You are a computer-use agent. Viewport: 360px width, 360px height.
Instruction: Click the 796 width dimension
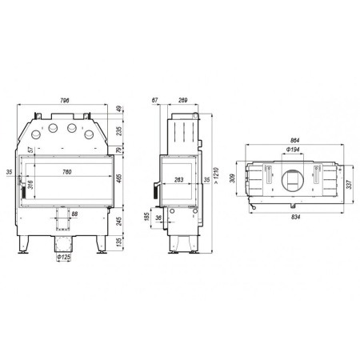(x=64, y=100)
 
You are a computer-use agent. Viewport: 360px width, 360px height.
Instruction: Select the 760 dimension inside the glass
(x=67, y=172)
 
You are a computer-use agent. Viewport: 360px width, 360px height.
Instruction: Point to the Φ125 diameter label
(x=63, y=257)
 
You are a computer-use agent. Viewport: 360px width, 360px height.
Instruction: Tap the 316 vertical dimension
(x=30, y=185)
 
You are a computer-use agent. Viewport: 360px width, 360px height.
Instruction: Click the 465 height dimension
(x=119, y=178)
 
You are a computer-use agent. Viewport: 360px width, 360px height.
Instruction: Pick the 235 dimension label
(x=119, y=131)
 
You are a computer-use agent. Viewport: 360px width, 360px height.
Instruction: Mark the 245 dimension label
(x=119, y=221)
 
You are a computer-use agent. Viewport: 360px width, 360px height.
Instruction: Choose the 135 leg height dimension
(x=119, y=242)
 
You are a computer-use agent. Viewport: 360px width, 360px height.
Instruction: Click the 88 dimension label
(x=74, y=214)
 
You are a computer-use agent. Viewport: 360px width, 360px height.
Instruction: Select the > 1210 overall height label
(x=216, y=175)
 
